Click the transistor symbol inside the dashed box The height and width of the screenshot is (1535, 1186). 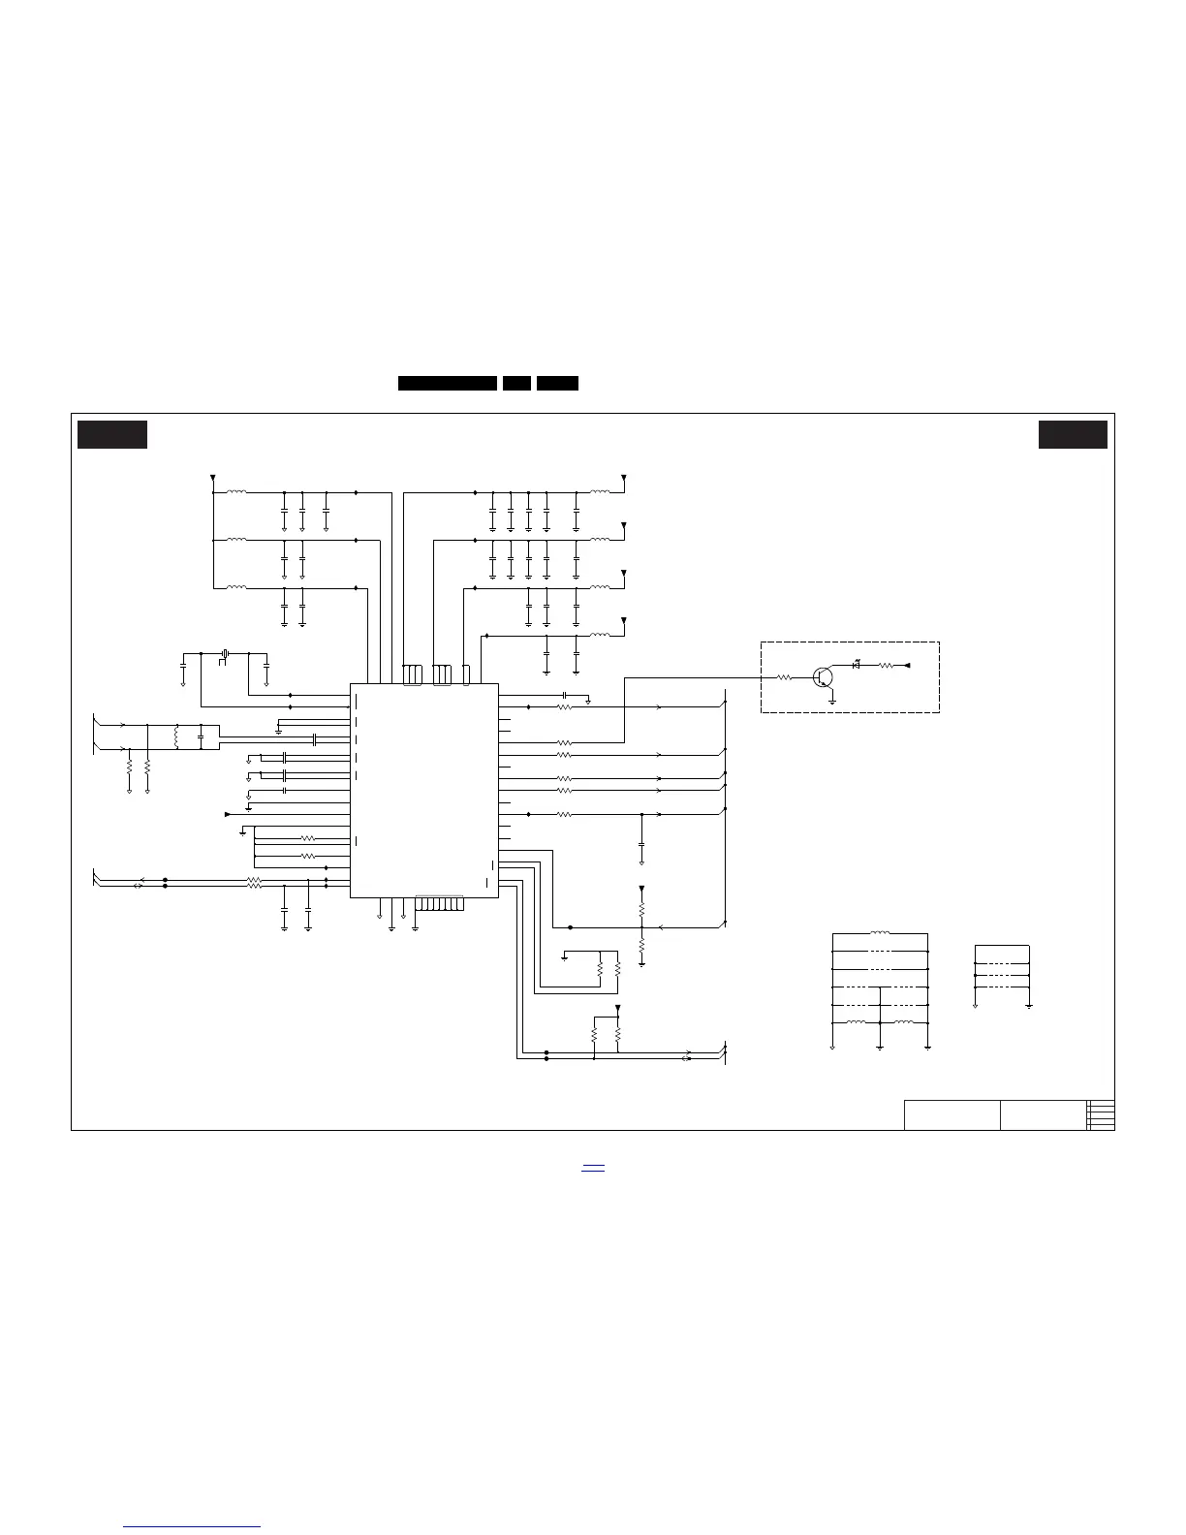824,677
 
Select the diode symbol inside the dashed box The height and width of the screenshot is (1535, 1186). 856,666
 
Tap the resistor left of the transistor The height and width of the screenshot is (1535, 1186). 785,677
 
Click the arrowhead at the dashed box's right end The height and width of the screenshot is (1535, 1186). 908,666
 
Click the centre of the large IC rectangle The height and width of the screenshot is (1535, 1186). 423,791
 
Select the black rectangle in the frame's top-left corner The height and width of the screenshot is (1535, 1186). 112,435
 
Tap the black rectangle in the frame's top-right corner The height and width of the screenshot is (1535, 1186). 1073,435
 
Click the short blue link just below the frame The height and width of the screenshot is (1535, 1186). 593,1169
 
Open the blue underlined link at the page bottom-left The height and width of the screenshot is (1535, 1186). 193,1526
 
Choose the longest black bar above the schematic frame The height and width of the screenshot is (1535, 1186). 448,384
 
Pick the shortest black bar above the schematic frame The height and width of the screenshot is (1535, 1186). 516,384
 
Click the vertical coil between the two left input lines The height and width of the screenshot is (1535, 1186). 176,737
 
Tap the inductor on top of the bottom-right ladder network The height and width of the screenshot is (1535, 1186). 880,934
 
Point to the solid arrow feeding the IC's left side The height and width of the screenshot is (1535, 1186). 228,815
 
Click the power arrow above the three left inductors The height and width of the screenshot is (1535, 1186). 212,479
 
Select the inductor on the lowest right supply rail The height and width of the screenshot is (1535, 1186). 601,636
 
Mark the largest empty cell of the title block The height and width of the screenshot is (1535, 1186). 952,1115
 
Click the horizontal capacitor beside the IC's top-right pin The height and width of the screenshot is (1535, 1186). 564,696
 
